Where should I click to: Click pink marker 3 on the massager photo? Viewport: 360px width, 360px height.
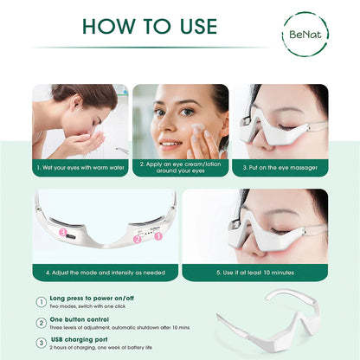tap(63, 231)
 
